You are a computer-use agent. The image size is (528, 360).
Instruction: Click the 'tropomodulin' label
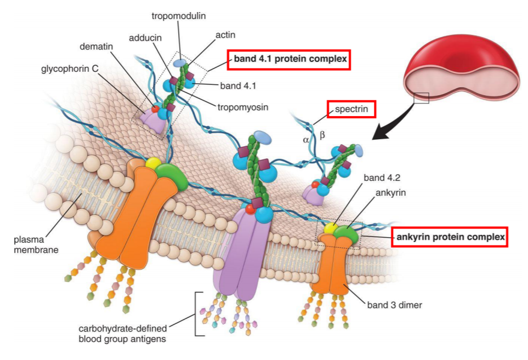(x=179, y=16)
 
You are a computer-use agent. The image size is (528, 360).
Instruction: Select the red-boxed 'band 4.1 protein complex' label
(x=289, y=59)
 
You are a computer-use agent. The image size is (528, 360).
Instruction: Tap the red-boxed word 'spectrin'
(x=351, y=110)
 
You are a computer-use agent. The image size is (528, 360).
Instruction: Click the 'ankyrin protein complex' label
(x=450, y=238)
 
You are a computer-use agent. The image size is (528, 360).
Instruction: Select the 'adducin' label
(x=145, y=38)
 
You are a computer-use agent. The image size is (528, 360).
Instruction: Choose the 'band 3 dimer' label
(x=395, y=305)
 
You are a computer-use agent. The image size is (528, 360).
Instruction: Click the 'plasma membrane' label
(x=36, y=245)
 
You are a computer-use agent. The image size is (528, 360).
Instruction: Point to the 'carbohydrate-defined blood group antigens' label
(x=130, y=333)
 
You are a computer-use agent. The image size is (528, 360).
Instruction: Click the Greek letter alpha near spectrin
(x=306, y=140)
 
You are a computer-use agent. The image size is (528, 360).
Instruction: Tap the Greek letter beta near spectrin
(x=322, y=134)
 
